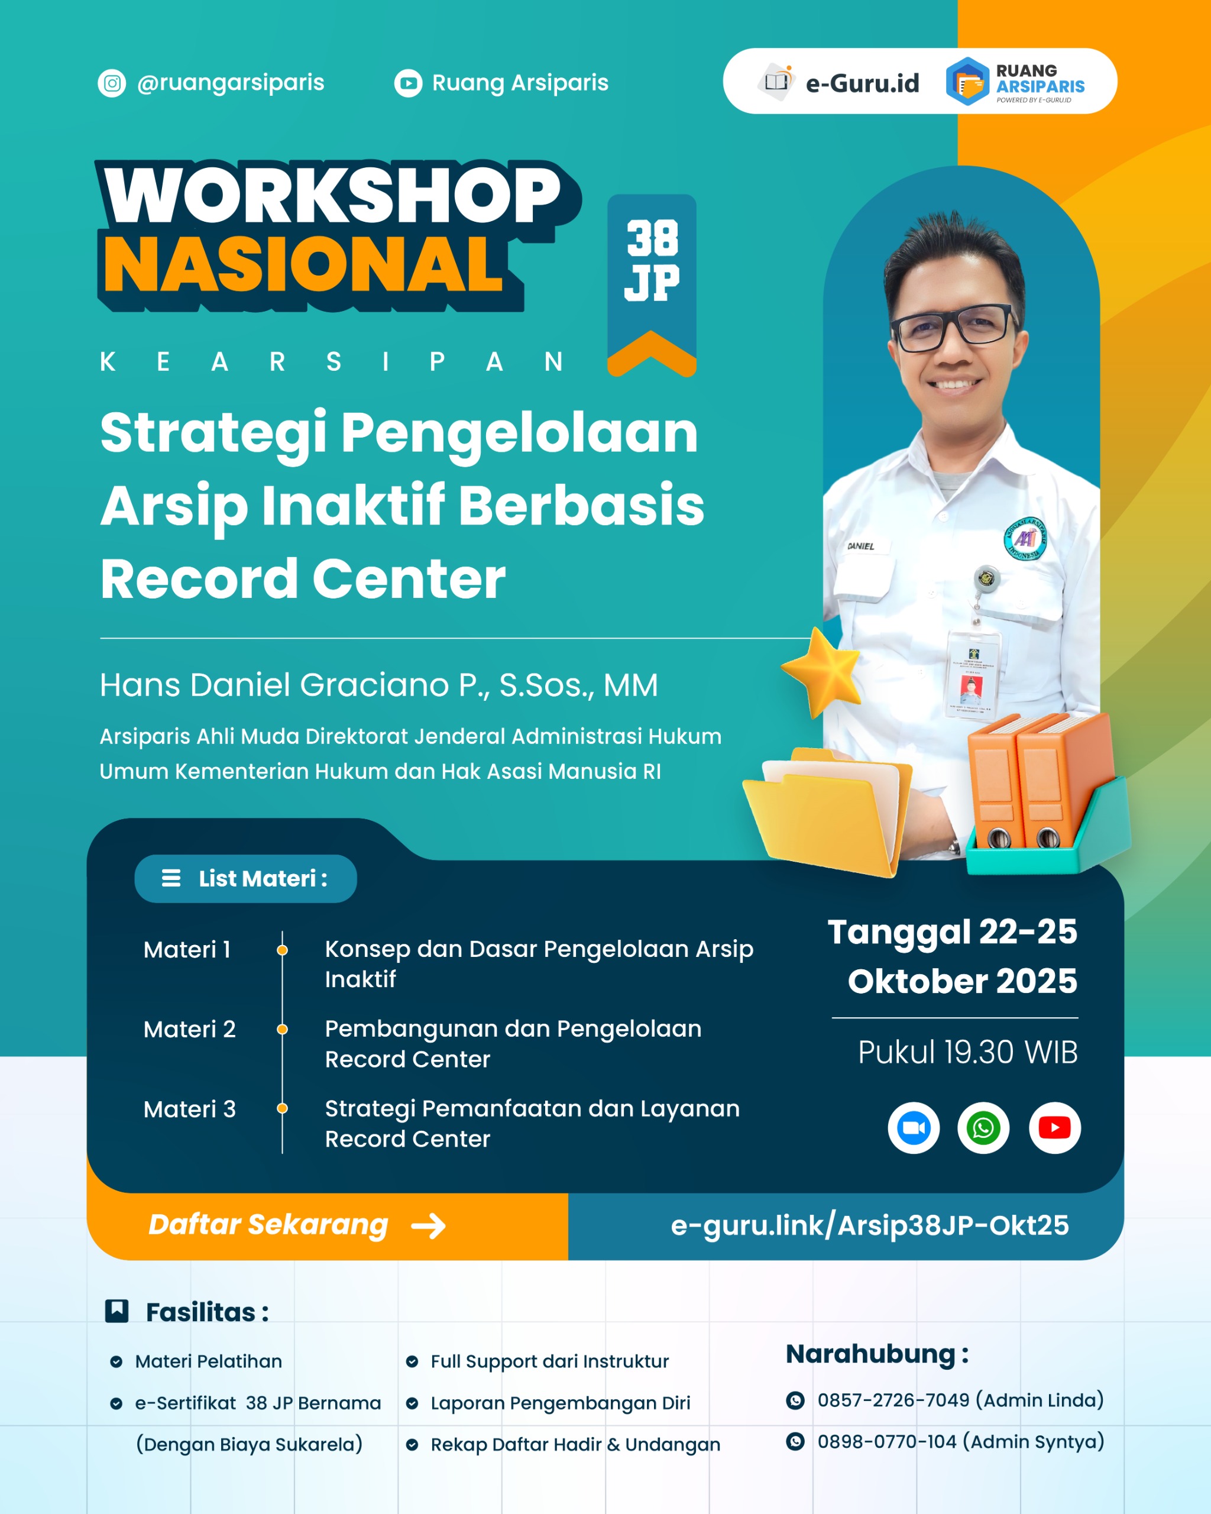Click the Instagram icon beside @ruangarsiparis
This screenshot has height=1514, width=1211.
click(x=112, y=83)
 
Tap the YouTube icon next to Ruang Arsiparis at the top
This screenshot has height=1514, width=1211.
click(x=408, y=83)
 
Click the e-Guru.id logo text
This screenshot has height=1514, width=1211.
click(x=862, y=83)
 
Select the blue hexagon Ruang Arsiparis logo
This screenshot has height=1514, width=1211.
click(x=967, y=82)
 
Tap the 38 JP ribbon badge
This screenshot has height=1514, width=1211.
click(x=652, y=285)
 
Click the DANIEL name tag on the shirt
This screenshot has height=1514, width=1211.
click(x=861, y=546)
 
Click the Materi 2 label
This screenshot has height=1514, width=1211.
click(x=190, y=1030)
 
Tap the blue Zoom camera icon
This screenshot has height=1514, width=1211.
click(x=914, y=1128)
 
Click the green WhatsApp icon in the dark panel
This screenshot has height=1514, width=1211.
click(x=983, y=1128)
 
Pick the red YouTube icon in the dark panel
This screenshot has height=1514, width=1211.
click(x=1054, y=1128)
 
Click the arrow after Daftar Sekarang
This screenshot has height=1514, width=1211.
click(x=428, y=1226)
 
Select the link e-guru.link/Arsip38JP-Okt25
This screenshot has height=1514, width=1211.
click(x=870, y=1225)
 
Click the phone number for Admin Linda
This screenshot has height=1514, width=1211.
click(x=893, y=1400)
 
